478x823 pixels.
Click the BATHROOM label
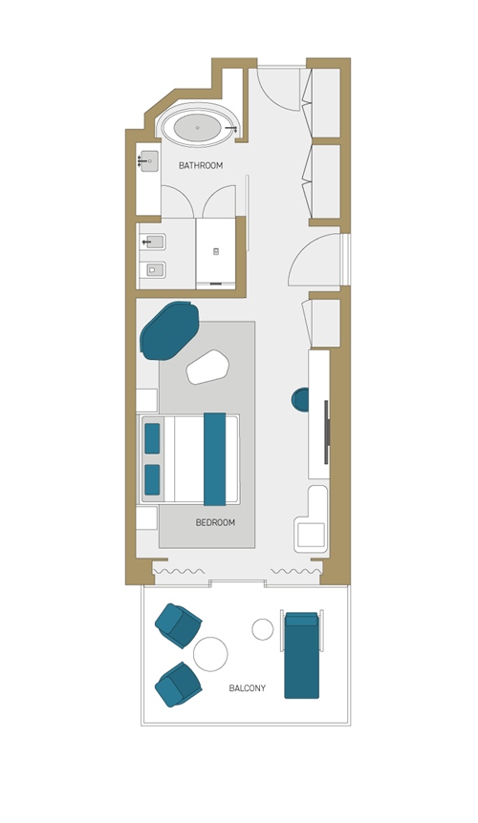[x=201, y=165]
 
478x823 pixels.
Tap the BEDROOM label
[x=215, y=522]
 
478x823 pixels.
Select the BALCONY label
[x=248, y=687]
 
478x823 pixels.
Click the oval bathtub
[x=198, y=128]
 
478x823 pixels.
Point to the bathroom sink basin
[x=150, y=160]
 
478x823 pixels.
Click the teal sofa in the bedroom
[x=169, y=330]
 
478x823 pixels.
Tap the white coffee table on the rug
[x=207, y=368]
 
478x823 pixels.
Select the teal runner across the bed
[x=214, y=459]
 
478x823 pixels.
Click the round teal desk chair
[x=300, y=400]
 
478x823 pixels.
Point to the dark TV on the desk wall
[x=326, y=432]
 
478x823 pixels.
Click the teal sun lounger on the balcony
[x=301, y=655]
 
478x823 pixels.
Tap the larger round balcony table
[x=210, y=654]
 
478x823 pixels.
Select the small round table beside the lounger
[x=263, y=629]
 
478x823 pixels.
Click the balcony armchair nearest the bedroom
[x=178, y=625]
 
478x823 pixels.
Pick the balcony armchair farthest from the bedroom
[x=178, y=685]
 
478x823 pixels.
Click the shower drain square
[x=216, y=251]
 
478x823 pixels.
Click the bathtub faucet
[x=231, y=128]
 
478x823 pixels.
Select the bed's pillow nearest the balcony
[x=152, y=479]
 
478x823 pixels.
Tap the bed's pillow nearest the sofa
[x=152, y=438]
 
